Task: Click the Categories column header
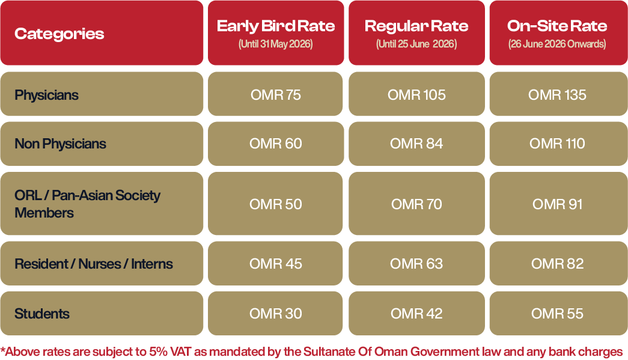[59, 34]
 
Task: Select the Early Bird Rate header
[276, 26]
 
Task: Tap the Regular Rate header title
[416, 26]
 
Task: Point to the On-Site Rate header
[557, 26]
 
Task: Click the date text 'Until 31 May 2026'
[276, 44]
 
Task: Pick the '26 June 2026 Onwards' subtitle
[557, 44]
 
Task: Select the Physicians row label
[46, 96]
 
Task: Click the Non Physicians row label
[60, 144]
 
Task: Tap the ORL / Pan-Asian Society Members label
[87, 204]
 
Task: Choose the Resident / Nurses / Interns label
[94, 264]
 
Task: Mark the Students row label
[42, 314]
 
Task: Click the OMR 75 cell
[276, 95]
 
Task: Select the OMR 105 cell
[416, 95]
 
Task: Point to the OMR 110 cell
[557, 144]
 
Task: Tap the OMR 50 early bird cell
[276, 204]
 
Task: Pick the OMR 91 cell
[557, 204]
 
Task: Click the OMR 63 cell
[416, 264]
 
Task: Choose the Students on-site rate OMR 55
[557, 314]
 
